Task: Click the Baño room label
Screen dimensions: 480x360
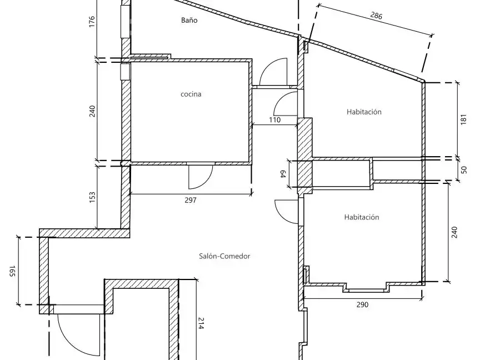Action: pyautogui.click(x=189, y=20)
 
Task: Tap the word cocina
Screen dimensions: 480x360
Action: pyautogui.click(x=191, y=94)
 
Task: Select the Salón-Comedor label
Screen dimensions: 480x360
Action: pyautogui.click(x=224, y=256)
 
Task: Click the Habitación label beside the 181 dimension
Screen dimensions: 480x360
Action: pyautogui.click(x=364, y=112)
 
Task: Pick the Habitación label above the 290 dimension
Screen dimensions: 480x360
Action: pyautogui.click(x=362, y=217)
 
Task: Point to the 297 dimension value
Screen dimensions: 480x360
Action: pyautogui.click(x=191, y=200)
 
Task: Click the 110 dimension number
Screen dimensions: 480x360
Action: pyautogui.click(x=274, y=119)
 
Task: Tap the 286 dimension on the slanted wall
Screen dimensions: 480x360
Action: pyautogui.click(x=376, y=16)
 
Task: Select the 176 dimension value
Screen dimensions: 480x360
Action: pyautogui.click(x=92, y=22)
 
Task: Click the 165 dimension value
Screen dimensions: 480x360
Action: pyautogui.click(x=12, y=271)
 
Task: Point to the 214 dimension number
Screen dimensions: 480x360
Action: pyautogui.click(x=201, y=323)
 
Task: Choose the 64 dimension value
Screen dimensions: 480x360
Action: pyautogui.click(x=283, y=174)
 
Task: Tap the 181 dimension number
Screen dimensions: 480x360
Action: pyautogui.click(x=463, y=119)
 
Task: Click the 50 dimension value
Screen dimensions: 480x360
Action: pyautogui.click(x=464, y=169)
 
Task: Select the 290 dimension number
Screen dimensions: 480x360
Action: pyautogui.click(x=362, y=304)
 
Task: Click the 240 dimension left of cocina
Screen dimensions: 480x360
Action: pyautogui.click(x=92, y=111)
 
